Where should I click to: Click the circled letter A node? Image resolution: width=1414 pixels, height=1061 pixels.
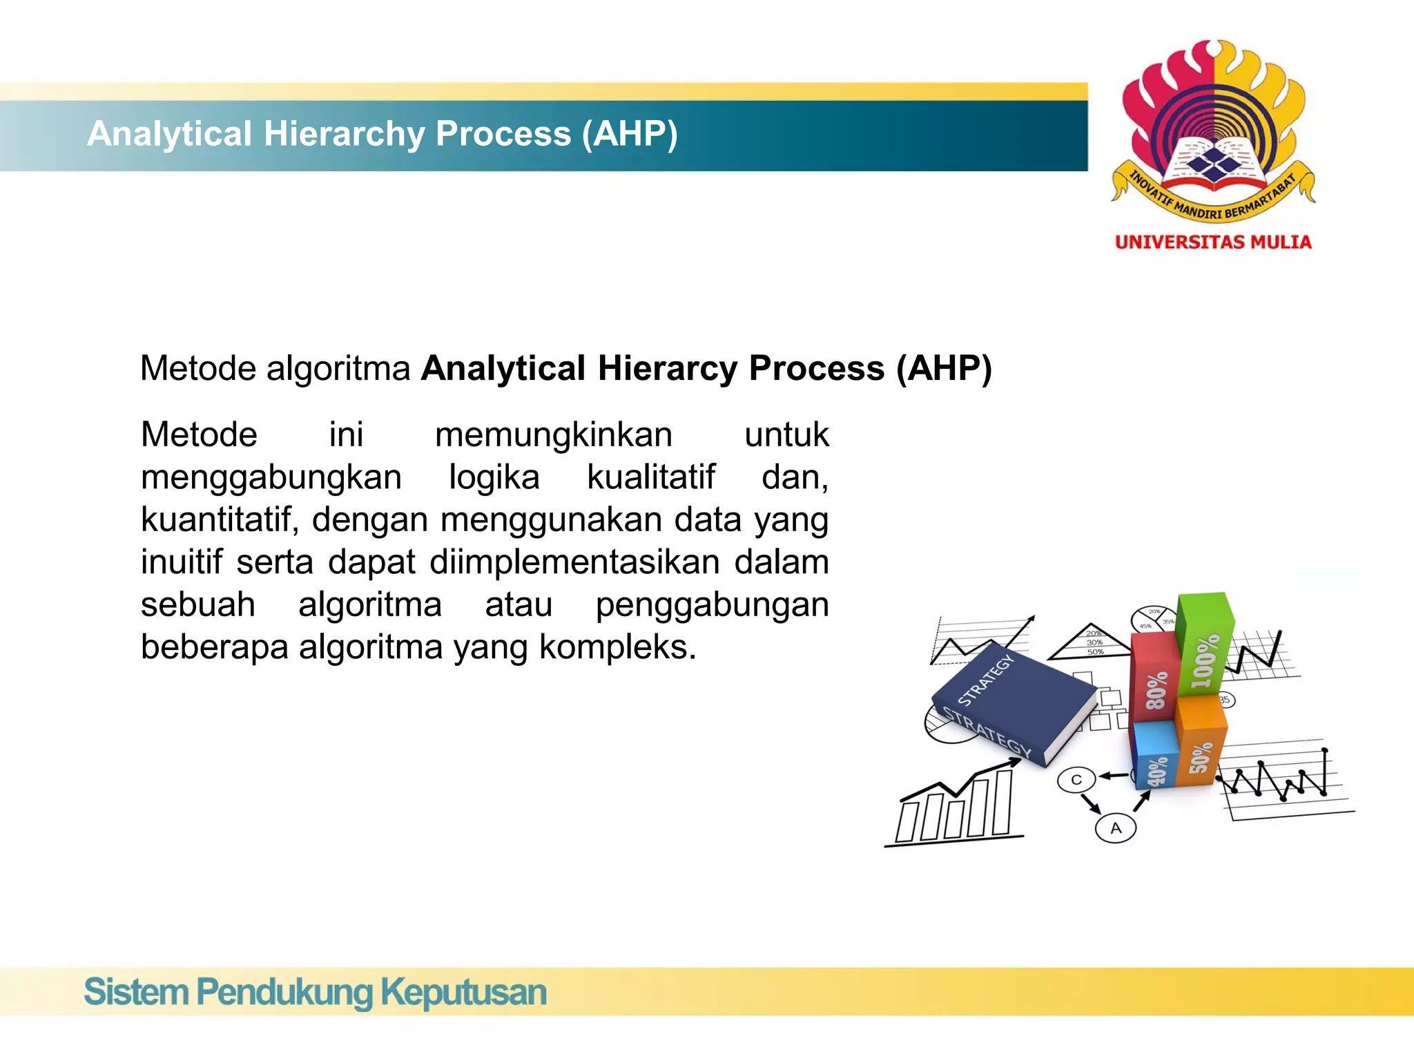1116,828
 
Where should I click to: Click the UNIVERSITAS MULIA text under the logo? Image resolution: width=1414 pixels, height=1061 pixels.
1213,242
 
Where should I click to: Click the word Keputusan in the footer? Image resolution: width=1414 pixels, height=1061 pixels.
463,993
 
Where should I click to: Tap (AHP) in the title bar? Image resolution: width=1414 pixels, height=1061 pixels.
630,134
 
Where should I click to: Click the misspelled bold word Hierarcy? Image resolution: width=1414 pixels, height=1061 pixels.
668,368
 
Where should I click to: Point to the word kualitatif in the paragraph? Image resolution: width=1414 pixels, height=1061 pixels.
650,477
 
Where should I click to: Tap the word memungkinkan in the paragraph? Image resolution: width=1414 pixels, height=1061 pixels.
554,435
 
